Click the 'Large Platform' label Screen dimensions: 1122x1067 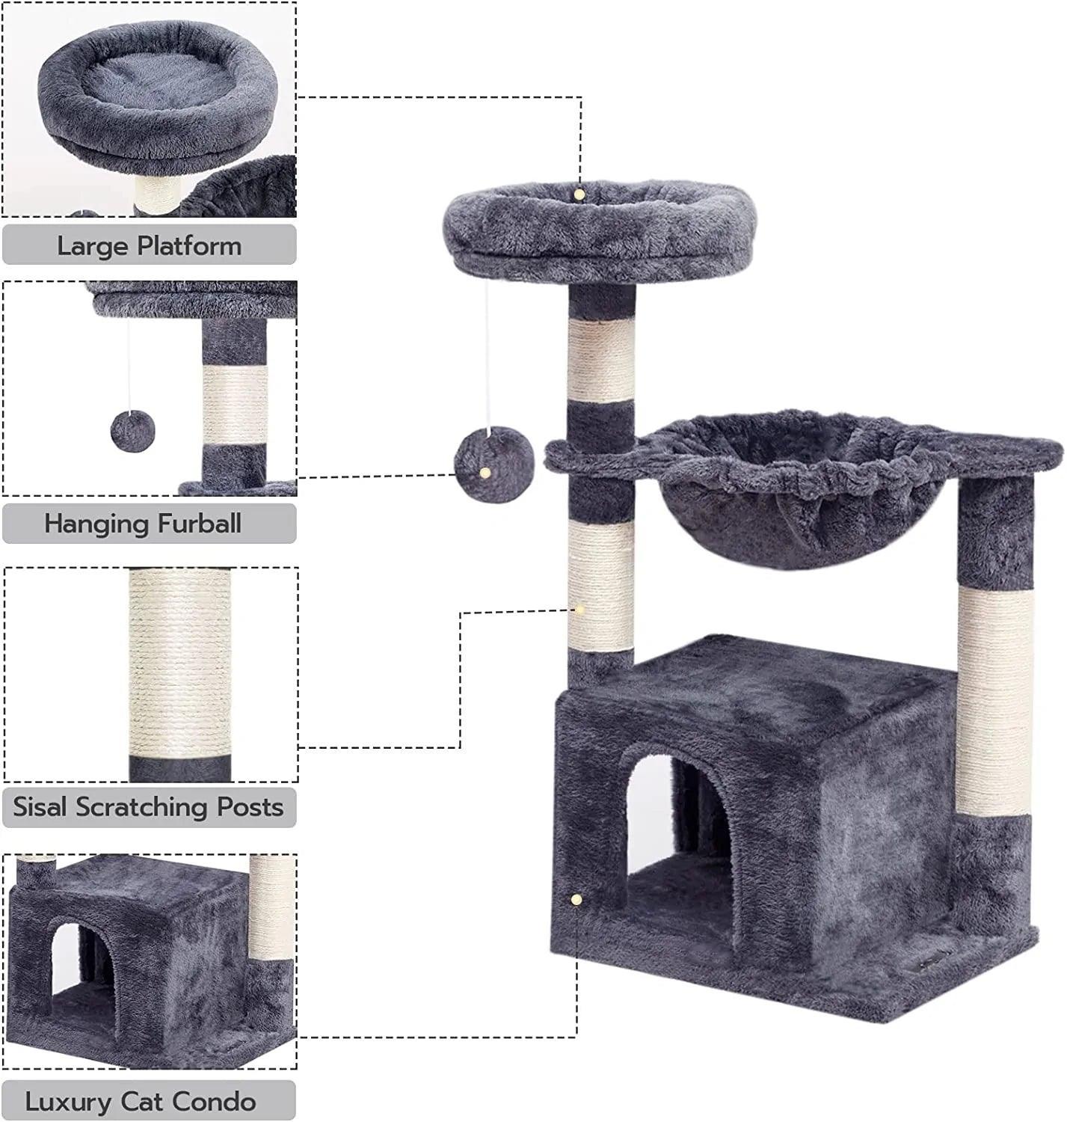[149, 245]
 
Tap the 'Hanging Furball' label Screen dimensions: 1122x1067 [143, 523]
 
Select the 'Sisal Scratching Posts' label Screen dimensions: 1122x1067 [148, 807]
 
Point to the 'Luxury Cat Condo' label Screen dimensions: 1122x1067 [141, 1101]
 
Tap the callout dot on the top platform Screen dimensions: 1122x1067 [579, 194]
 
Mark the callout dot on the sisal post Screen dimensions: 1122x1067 [578, 610]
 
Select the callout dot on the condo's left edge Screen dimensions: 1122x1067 [575, 898]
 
